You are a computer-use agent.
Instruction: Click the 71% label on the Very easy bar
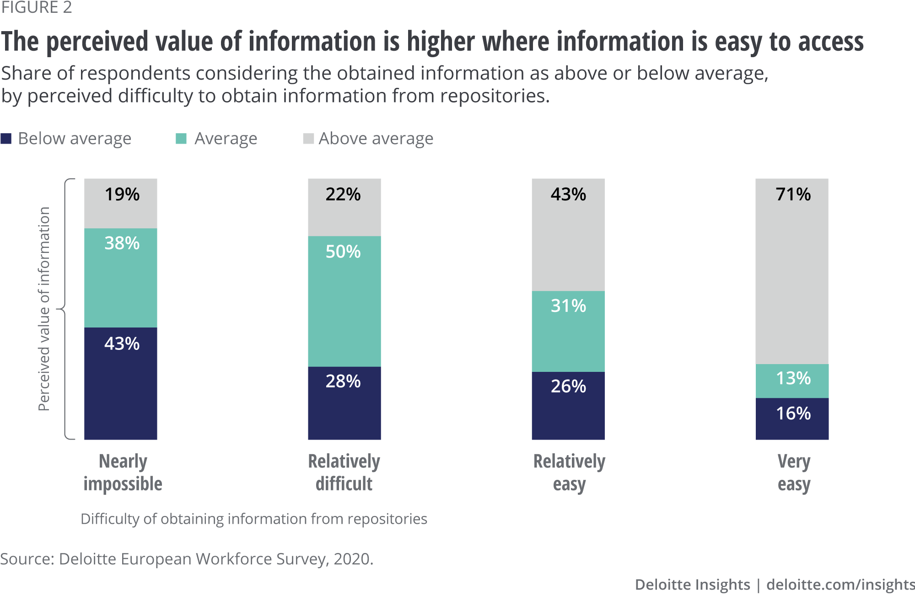(793, 194)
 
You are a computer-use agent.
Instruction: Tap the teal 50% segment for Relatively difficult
(344, 302)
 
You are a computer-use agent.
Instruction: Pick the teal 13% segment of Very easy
(792, 381)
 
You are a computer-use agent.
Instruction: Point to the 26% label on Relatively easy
(568, 387)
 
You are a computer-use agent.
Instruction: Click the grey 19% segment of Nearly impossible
(121, 204)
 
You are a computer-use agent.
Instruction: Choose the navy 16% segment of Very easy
(792, 419)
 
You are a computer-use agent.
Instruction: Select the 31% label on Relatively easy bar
(568, 306)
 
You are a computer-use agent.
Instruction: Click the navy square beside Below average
(6, 139)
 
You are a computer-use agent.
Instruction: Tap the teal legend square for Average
(181, 139)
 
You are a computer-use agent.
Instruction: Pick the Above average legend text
(376, 139)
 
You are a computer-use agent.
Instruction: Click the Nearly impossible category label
(123, 473)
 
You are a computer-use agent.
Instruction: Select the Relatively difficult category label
(344, 473)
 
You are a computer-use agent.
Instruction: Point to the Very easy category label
(794, 473)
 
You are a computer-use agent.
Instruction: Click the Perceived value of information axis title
(44, 309)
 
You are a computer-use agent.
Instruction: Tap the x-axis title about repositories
(254, 519)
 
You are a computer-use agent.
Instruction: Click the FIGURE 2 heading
(37, 8)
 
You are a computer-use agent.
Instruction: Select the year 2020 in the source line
(352, 559)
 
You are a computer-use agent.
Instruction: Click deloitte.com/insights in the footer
(840, 585)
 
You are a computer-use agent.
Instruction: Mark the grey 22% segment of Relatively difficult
(344, 207)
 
